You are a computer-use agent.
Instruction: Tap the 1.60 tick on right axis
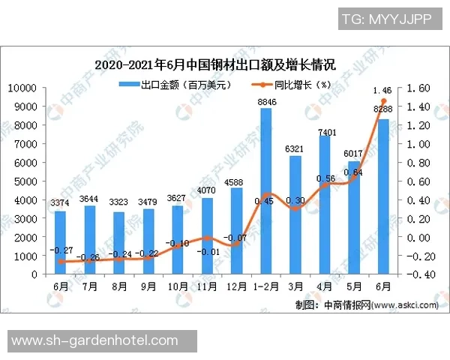pyautogui.click(x=420, y=88)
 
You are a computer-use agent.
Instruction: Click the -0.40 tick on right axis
pyautogui.click(x=418, y=274)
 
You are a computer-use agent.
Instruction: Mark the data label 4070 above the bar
pyautogui.click(x=208, y=190)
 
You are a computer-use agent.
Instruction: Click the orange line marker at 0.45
pyautogui.click(x=266, y=195)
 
